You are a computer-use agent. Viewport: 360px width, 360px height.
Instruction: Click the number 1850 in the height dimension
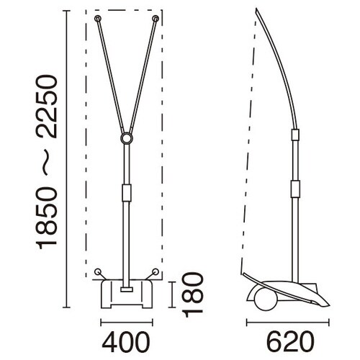[x=46, y=223]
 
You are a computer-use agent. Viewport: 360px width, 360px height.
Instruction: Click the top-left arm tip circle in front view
[x=97, y=17]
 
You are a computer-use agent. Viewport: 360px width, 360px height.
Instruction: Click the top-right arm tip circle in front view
[x=156, y=17]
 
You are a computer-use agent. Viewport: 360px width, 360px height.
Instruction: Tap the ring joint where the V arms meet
[x=127, y=138]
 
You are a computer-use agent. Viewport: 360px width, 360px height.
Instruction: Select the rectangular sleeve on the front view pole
[x=127, y=193]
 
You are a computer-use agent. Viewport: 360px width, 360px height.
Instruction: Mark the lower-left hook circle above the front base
[x=98, y=272]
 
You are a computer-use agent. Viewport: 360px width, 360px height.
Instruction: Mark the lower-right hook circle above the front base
[x=155, y=272]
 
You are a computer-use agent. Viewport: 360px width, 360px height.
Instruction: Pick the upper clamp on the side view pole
[x=294, y=135]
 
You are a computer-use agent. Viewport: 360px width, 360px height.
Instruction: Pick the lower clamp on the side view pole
[x=294, y=189]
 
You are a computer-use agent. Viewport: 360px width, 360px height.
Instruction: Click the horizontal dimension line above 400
[x=127, y=322]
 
